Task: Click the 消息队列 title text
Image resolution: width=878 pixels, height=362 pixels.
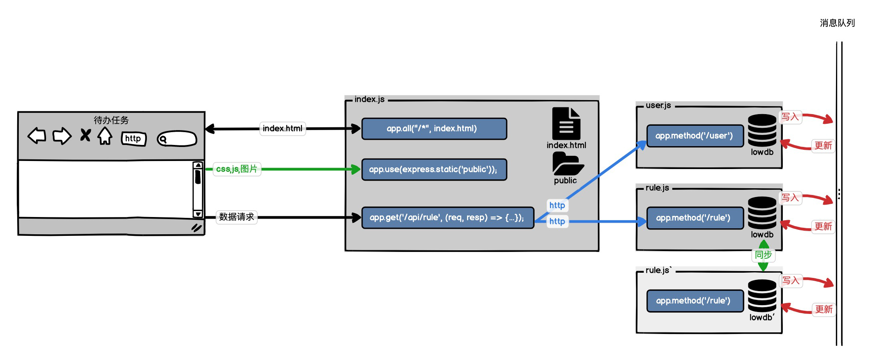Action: [837, 23]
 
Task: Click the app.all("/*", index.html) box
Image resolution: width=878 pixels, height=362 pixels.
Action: [434, 129]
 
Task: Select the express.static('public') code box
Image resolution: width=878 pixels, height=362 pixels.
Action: [434, 169]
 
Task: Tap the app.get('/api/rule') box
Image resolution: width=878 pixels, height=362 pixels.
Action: [447, 217]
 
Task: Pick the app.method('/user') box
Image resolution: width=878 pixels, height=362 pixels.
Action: [695, 136]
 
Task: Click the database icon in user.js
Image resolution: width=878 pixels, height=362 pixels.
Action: [762, 130]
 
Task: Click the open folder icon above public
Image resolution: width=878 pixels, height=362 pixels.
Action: [567, 164]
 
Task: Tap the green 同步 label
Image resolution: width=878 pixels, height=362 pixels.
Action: [763, 255]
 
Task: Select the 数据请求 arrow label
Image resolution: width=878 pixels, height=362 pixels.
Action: [237, 217]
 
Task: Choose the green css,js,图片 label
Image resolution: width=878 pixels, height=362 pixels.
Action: [237, 169]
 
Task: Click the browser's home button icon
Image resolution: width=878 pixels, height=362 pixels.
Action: [105, 136]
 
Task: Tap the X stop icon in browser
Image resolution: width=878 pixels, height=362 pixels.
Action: [85, 135]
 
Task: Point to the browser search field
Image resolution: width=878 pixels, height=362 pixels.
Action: [177, 139]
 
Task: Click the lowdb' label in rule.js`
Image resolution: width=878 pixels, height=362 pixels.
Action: [762, 317]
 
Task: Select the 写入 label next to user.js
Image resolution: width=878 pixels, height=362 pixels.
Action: [790, 117]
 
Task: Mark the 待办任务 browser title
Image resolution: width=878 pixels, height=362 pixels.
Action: [111, 120]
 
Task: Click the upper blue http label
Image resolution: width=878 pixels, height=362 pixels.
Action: [557, 205]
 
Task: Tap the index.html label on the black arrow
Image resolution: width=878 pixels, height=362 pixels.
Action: [283, 129]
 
